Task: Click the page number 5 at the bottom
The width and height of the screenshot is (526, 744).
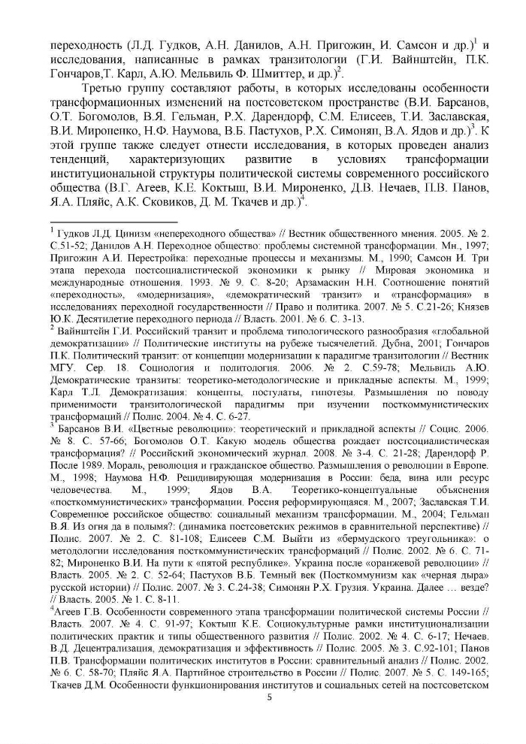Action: (268, 697)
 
